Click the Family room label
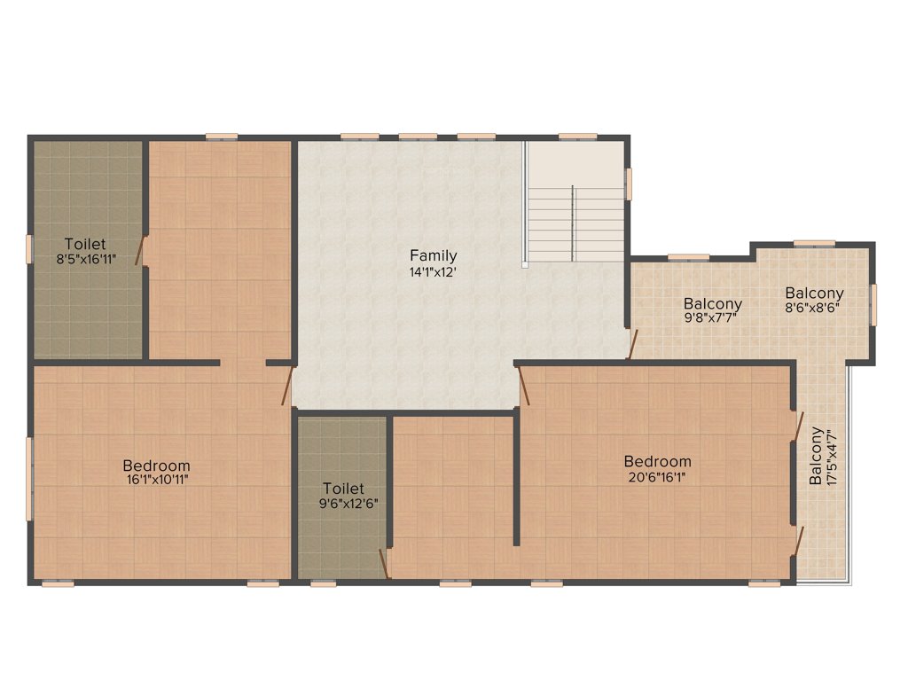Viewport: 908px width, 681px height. click(433, 256)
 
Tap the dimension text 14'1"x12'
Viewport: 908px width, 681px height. click(433, 272)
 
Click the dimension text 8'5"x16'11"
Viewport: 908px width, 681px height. click(85, 260)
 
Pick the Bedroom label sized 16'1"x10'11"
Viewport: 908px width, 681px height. click(156, 466)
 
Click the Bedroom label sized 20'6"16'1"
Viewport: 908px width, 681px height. click(657, 461)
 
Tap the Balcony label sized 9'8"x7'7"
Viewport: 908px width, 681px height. click(712, 303)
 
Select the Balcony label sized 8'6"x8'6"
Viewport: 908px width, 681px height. click(814, 293)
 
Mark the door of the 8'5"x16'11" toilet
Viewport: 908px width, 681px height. click(140, 251)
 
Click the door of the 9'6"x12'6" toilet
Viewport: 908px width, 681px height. click(384, 563)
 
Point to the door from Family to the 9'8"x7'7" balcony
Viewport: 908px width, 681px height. click(632, 344)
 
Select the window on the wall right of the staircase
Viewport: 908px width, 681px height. click(629, 184)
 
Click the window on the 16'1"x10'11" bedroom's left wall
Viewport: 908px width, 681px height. click(28, 479)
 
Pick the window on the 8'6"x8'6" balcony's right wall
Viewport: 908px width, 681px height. click(873, 303)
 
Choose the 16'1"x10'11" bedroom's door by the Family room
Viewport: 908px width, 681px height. click(287, 387)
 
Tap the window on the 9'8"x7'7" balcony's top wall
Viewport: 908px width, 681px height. click(688, 257)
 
